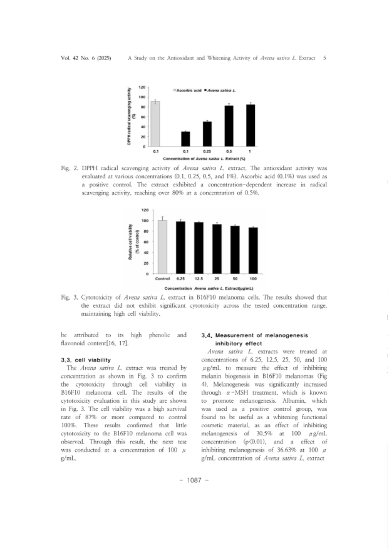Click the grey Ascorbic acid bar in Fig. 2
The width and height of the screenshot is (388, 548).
155,124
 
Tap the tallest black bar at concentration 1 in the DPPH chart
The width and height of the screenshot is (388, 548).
251,125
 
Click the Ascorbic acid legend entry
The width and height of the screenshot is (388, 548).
187,91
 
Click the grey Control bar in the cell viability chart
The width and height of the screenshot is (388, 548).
162,247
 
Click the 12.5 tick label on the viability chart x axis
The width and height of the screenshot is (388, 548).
199,279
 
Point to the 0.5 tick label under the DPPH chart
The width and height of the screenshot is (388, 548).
229,151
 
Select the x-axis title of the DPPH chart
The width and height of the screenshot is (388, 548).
204,158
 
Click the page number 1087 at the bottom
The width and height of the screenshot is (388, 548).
194,480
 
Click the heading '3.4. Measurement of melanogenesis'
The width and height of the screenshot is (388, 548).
254,335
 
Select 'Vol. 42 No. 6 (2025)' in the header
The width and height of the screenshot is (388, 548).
86,58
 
